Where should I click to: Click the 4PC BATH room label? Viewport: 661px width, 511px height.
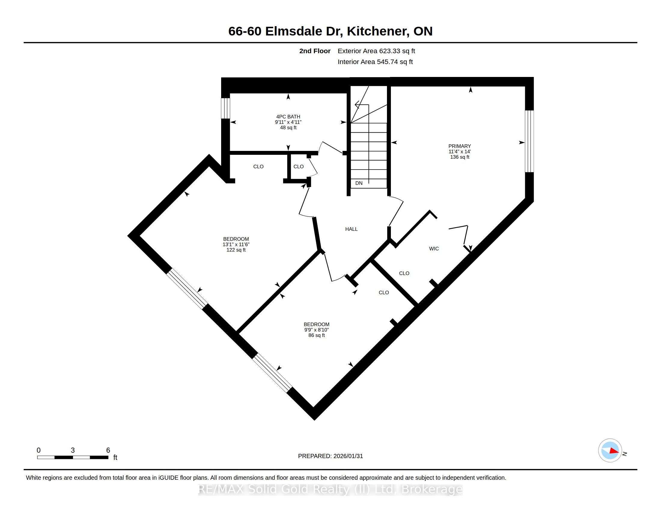pyautogui.click(x=288, y=117)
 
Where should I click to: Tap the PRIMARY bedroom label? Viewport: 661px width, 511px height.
pyautogui.click(x=459, y=146)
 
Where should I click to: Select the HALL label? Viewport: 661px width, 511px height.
pyautogui.click(x=352, y=229)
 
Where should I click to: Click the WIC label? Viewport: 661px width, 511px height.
pyautogui.click(x=434, y=249)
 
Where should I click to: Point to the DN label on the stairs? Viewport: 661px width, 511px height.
pyautogui.click(x=359, y=183)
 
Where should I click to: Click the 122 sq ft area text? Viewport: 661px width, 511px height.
pyautogui.click(x=236, y=250)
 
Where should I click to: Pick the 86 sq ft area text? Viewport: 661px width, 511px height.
pyautogui.click(x=317, y=335)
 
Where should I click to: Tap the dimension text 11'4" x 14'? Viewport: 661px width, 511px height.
pyautogui.click(x=459, y=152)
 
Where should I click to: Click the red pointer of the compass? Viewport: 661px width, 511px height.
pyautogui.click(x=614, y=451)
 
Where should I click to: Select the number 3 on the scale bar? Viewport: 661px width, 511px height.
pyautogui.click(x=73, y=450)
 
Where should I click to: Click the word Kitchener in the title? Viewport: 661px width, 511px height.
pyautogui.click(x=376, y=32)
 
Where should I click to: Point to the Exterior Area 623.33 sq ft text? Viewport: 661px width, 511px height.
pyautogui.click(x=376, y=51)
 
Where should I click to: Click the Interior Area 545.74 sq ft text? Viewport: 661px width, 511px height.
pyautogui.click(x=375, y=62)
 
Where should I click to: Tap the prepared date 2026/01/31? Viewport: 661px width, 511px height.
pyautogui.click(x=348, y=456)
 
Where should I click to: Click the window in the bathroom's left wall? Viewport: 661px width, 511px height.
pyautogui.click(x=225, y=108)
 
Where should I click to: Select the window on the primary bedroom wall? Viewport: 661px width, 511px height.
pyautogui.click(x=529, y=141)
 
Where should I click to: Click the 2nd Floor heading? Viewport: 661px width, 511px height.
pyautogui.click(x=315, y=51)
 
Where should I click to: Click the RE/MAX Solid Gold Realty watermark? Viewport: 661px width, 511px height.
pyautogui.click(x=330, y=489)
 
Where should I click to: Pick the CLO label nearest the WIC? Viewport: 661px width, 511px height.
pyautogui.click(x=404, y=273)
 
